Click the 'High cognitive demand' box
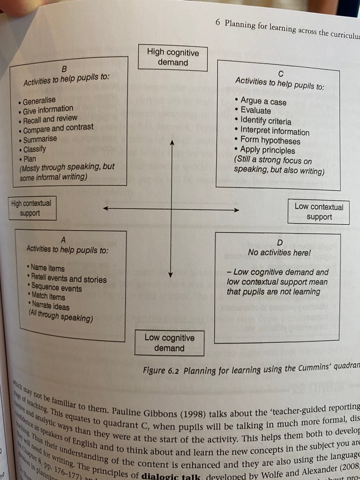[x=172, y=58]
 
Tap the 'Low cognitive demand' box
[x=169, y=343]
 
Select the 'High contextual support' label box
[x=32, y=208]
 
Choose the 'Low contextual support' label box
[x=319, y=212]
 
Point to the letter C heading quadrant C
[x=280, y=73]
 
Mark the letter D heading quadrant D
[x=280, y=242]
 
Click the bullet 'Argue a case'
[x=262, y=102]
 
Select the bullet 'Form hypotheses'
[x=270, y=141]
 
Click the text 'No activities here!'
[x=280, y=253]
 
